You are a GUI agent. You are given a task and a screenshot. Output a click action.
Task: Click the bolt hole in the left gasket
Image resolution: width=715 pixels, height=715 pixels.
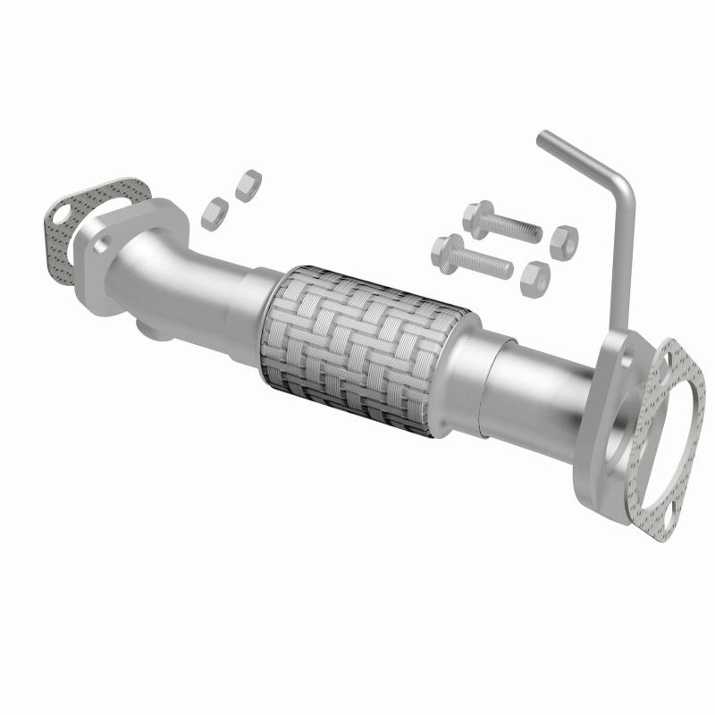[60, 214]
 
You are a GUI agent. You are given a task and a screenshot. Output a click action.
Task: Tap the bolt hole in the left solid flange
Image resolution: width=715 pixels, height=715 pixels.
[100, 240]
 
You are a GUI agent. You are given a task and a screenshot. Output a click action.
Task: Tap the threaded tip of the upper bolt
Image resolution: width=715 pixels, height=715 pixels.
[534, 233]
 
